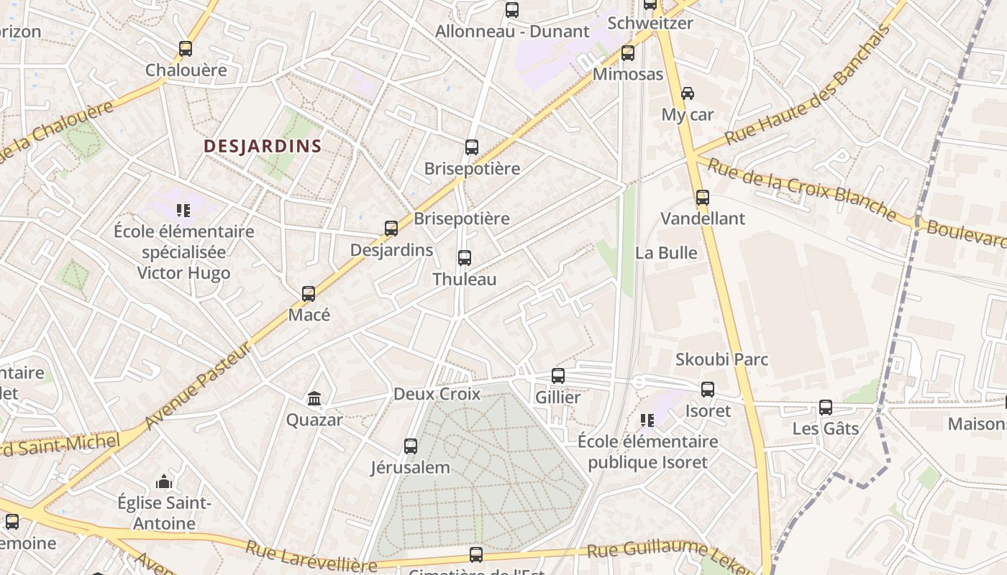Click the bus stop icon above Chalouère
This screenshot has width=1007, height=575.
click(x=186, y=49)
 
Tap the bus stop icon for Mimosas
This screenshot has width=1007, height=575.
click(x=628, y=53)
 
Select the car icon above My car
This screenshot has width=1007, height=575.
click(x=688, y=93)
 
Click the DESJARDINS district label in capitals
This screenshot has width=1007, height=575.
click(x=263, y=146)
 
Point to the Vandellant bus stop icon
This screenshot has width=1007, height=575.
click(x=703, y=197)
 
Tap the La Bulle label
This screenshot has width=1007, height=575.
click(x=666, y=253)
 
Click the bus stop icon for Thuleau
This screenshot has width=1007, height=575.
click(x=465, y=257)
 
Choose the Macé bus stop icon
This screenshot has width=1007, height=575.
click(x=309, y=293)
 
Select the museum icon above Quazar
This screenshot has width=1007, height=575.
click(x=314, y=398)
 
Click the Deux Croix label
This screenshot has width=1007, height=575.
click(x=437, y=394)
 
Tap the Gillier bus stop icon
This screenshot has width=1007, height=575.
click(x=558, y=375)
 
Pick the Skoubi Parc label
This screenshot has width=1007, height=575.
click(x=721, y=359)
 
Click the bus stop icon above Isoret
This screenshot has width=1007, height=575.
click(x=708, y=390)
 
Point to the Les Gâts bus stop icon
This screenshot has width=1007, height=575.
click(x=826, y=408)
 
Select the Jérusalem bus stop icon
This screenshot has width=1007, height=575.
click(x=411, y=446)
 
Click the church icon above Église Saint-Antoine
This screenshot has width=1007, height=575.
click(x=164, y=481)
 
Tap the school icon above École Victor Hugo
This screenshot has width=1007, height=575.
click(x=183, y=211)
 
